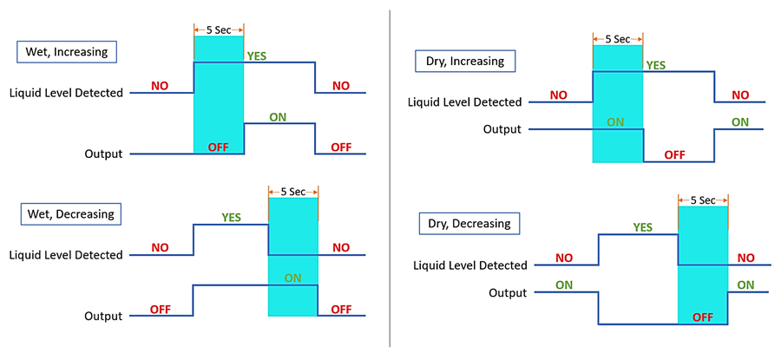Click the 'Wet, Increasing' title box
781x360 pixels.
click(x=66, y=51)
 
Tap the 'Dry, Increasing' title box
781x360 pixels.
click(x=465, y=62)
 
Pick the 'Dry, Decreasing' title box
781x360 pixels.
click(x=469, y=223)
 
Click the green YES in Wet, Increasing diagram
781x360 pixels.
click(x=257, y=56)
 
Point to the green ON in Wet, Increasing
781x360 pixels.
click(x=254, y=116)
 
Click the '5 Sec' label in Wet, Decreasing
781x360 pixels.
click(x=293, y=192)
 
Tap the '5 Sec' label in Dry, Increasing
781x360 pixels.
click(x=617, y=39)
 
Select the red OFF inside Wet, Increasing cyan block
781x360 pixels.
click(x=219, y=147)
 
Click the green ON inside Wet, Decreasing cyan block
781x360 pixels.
click(x=293, y=278)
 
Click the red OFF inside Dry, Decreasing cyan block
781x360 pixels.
click(x=703, y=317)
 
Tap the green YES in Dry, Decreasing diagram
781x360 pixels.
click(x=642, y=227)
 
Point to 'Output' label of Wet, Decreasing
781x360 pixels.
click(x=103, y=316)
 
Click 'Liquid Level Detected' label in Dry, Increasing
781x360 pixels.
click(x=465, y=102)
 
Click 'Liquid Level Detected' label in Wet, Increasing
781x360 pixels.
click(x=66, y=92)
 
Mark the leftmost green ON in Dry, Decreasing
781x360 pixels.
click(x=564, y=284)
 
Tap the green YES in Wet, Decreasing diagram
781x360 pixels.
click(x=232, y=217)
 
